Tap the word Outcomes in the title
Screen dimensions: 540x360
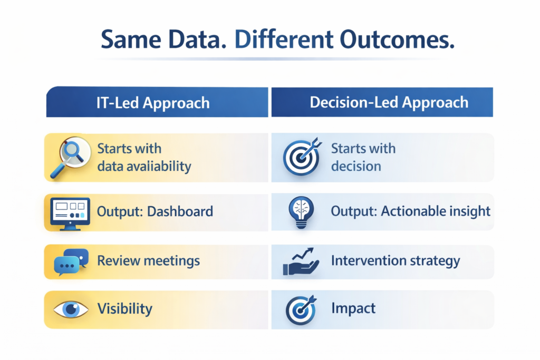tap(397, 40)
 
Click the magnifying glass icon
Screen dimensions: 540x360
tap(71, 157)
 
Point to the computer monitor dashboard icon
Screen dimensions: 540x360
tap(70, 213)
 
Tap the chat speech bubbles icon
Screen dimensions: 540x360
tap(71, 262)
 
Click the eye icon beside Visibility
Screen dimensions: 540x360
tap(71, 309)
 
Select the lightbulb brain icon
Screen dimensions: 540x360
tap(301, 212)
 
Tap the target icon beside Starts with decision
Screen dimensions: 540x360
tap(302, 157)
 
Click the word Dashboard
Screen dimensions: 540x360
tap(180, 211)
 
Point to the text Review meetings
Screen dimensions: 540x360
tap(148, 261)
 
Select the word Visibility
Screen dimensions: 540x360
tap(124, 309)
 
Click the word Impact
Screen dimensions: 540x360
tap(353, 308)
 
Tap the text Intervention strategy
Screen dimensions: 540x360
tap(396, 261)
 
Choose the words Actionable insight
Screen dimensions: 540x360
tap(436, 211)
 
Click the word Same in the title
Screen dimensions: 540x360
tap(131, 40)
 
